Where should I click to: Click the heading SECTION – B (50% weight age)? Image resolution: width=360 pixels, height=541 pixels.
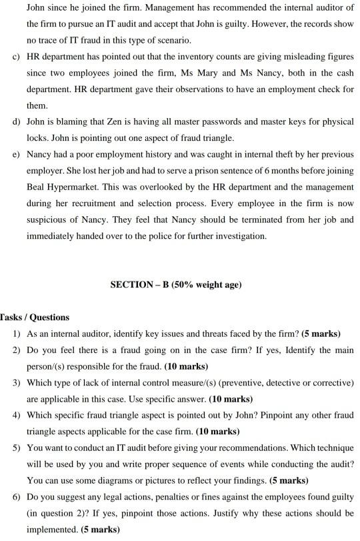point(175,285)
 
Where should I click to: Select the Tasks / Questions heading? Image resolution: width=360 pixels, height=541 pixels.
point(35,317)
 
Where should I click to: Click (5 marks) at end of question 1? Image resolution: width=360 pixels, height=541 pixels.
point(321,334)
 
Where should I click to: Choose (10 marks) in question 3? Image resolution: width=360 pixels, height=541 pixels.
point(231,399)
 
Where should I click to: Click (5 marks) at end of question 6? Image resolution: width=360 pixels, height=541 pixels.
point(99,529)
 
